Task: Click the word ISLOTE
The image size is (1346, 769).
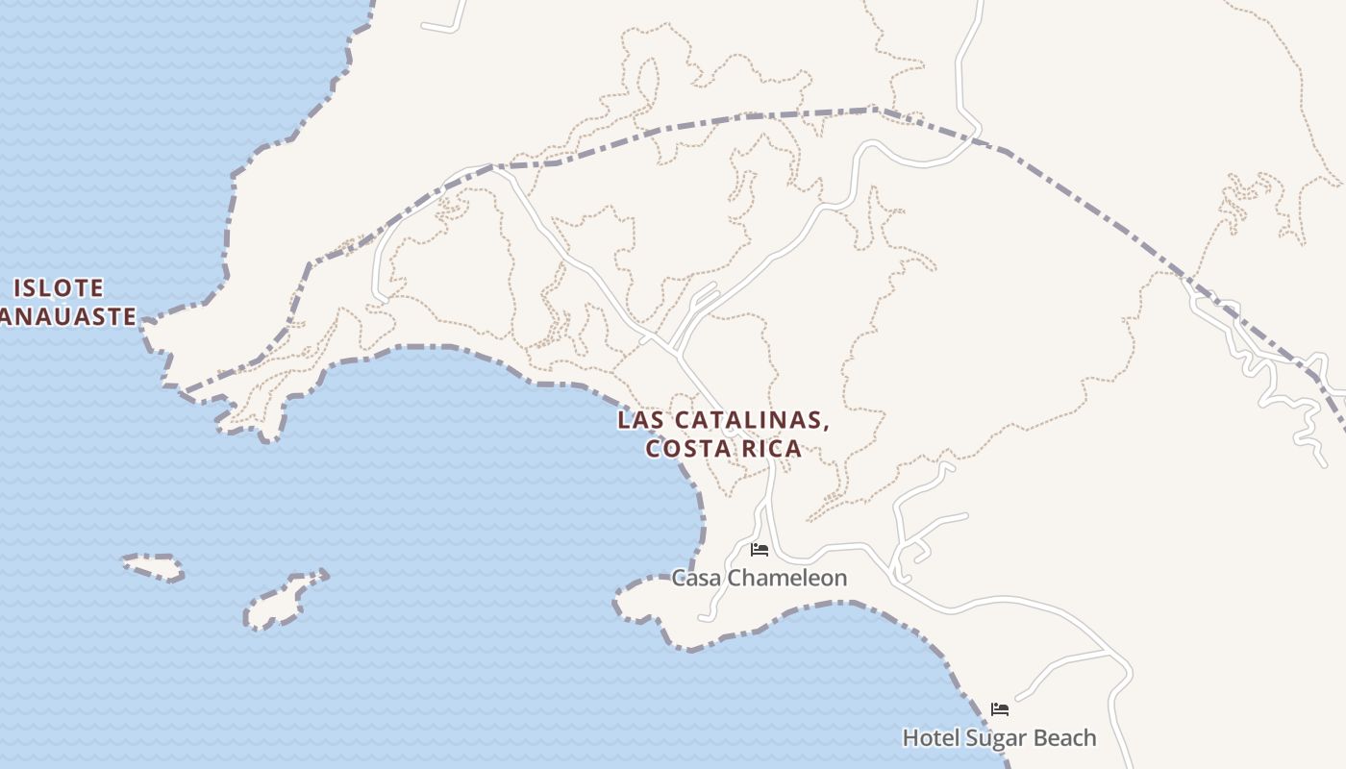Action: (59, 288)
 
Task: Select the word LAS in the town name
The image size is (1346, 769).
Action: (639, 420)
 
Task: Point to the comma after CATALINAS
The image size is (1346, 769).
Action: (826, 426)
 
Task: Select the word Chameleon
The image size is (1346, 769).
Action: (788, 578)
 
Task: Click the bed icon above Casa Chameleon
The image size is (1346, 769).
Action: (760, 550)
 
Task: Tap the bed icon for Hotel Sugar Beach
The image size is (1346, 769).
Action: (1000, 709)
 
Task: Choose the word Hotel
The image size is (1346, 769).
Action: (931, 738)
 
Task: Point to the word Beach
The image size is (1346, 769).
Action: (1066, 738)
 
